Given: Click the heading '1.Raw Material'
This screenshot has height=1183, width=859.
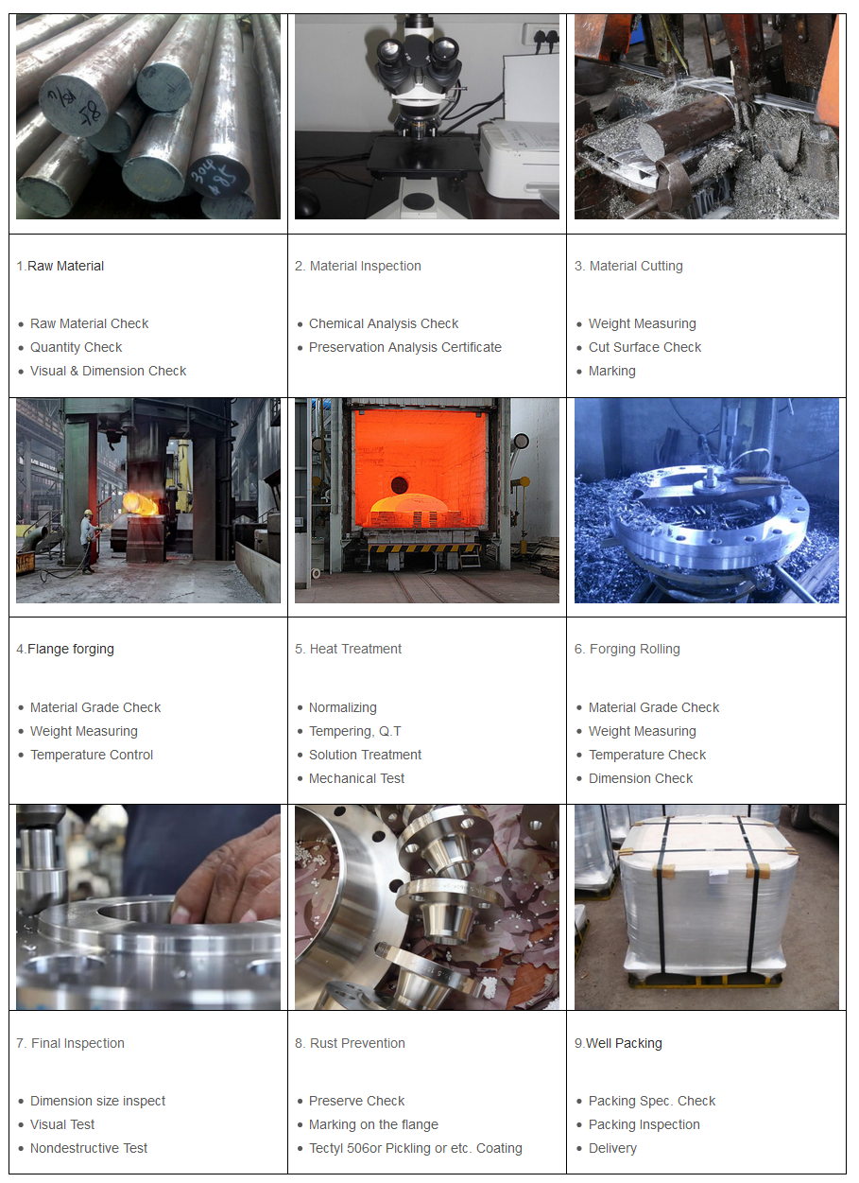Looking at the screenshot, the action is [x=60, y=266].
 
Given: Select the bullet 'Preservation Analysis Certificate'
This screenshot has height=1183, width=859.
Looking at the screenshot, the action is [x=404, y=347].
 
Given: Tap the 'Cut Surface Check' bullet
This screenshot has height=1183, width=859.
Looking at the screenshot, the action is [x=644, y=347].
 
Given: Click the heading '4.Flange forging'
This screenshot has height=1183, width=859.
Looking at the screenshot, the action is [x=65, y=649].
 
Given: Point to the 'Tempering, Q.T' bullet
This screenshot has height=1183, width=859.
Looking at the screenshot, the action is [x=354, y=731].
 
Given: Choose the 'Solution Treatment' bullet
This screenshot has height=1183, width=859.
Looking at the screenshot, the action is [x=365, y=755].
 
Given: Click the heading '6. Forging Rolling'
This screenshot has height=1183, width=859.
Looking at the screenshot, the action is [x=627, y=649].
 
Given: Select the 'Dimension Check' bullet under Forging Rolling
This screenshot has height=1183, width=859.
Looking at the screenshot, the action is [x=641, y=778].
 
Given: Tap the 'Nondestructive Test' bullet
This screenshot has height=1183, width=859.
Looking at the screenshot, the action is [x=89, y=1148].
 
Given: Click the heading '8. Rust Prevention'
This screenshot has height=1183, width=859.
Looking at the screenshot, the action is [x=350, y=1043].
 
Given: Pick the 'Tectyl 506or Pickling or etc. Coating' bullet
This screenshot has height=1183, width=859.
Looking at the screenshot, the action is [x=415, y=1148].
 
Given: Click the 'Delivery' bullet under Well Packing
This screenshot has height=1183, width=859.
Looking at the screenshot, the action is [x=612, y=1148].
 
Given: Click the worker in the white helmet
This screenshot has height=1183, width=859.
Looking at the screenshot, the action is [x=89, y=540].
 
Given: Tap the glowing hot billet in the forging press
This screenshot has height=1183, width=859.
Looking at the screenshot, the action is [x=140, y=503].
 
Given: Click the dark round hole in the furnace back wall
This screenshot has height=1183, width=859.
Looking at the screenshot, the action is [x=400, y=484].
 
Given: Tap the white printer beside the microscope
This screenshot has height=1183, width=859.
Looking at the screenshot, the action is [x=520, y=159].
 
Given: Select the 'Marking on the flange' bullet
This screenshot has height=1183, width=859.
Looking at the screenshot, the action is [x=373, y=1124].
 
